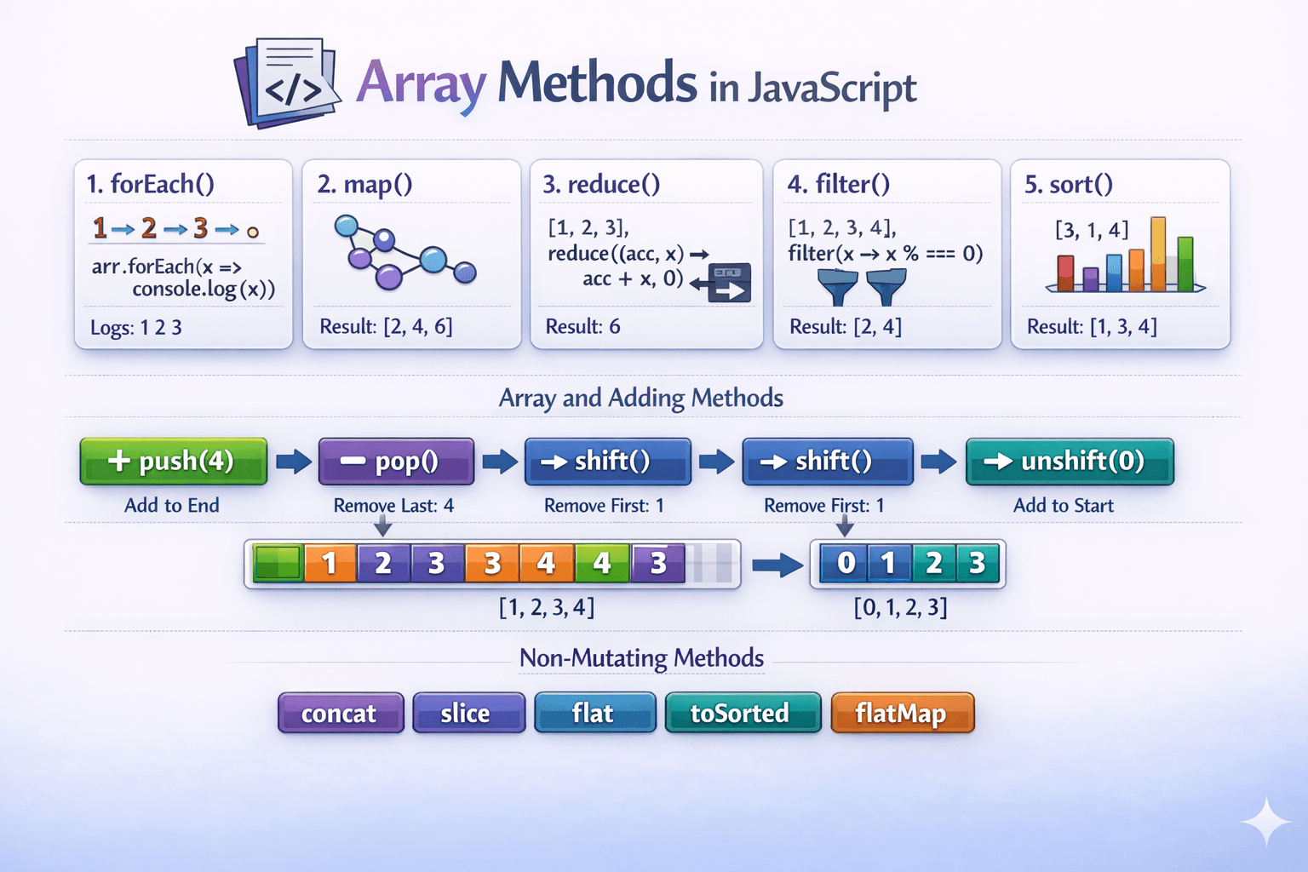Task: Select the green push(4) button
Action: point(174,462)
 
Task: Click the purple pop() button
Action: point(396,462)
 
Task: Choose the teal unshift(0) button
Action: point(1070,462)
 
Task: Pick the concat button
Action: point(341,713)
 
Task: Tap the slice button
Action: point(468,713)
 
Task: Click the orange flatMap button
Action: point(902,713)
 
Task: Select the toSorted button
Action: point(743,713)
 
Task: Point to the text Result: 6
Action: point(582,326)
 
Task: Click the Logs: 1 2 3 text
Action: point(136,328)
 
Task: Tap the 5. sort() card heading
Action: point(1069,184)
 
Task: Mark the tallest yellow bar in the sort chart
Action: point(1157,253)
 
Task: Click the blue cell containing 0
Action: point(846,563)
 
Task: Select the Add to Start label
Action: point(1063,506)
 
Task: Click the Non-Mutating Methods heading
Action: point(641,658)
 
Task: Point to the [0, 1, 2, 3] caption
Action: point(900,607)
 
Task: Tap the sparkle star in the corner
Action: point(1266,822)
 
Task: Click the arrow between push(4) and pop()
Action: point(294,462)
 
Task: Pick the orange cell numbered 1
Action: point(330,563)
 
